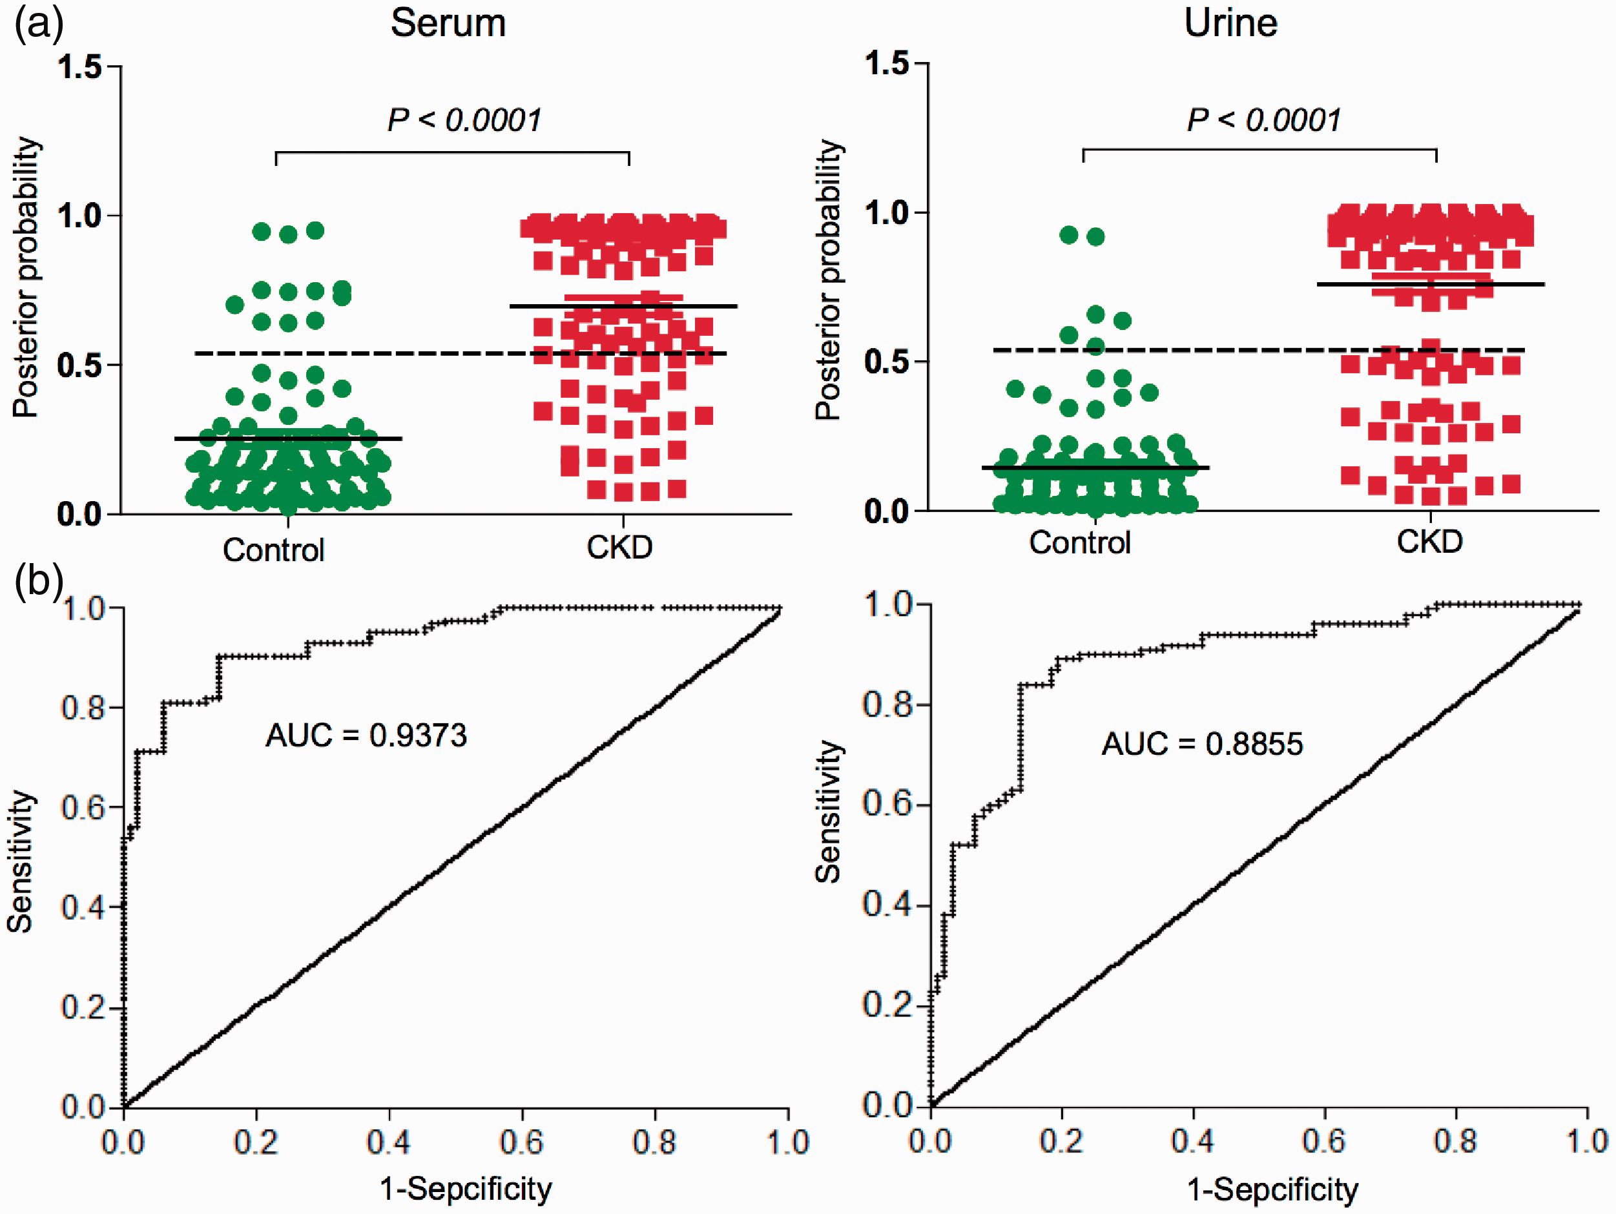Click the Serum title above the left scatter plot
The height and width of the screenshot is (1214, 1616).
[448, 23]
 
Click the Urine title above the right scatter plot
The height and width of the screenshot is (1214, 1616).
[1231, 23]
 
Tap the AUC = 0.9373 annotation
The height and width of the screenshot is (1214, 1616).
[366, 735]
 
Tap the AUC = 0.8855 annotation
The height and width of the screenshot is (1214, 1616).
[1203, 744]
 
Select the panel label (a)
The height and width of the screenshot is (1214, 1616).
[39, 24]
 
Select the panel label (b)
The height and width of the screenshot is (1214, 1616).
[39, 582]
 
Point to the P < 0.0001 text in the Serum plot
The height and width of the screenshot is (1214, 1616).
[464, 120]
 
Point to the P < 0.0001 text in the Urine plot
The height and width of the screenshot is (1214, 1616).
[1265, 120]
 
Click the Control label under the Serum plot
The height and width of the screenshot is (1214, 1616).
[274, 550]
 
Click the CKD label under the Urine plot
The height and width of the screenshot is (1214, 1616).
[1430, 542]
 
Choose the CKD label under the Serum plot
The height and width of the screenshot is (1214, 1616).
[619, 547]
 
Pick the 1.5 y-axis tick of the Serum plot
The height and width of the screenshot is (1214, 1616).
[80, 67]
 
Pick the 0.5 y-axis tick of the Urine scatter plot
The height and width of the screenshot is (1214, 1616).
[887, 362]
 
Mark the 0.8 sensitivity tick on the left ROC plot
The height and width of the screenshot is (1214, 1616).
[83, 707]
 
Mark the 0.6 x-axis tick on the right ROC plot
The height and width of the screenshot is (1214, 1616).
[1324, 1141]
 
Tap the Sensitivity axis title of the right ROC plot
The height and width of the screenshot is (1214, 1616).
[829, 812]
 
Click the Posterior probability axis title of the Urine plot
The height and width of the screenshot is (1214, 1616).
[829, 280]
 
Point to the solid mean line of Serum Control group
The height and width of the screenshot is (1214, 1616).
[289, 438]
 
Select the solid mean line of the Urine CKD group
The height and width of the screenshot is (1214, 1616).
[1431, 283]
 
